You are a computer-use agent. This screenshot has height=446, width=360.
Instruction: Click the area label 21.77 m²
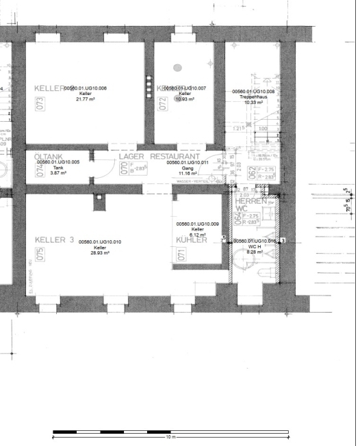(x=85, y=99)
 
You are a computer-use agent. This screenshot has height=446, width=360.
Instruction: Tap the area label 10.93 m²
(x=185, y=99)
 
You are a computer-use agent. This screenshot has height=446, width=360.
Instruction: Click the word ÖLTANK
(x=48, y=156)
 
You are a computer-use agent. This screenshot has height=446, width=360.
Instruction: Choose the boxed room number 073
(x=40, y=104)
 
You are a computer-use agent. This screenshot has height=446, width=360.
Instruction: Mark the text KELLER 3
(x=54, y=240)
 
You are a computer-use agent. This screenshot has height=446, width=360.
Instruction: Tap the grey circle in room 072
(x=177, y=68)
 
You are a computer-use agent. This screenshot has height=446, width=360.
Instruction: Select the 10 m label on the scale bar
(x=171, y=436)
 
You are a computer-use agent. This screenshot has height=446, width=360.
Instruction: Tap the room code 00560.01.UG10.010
(x=100, y=241)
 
